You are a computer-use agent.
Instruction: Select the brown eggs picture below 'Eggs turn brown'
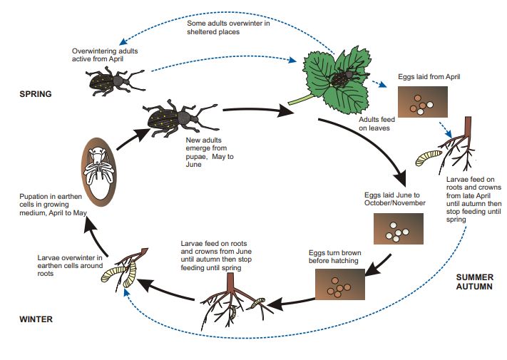336,289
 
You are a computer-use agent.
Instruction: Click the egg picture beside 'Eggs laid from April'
422,103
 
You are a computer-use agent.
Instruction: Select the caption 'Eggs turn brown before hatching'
335,257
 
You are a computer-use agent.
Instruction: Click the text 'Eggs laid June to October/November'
394,199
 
